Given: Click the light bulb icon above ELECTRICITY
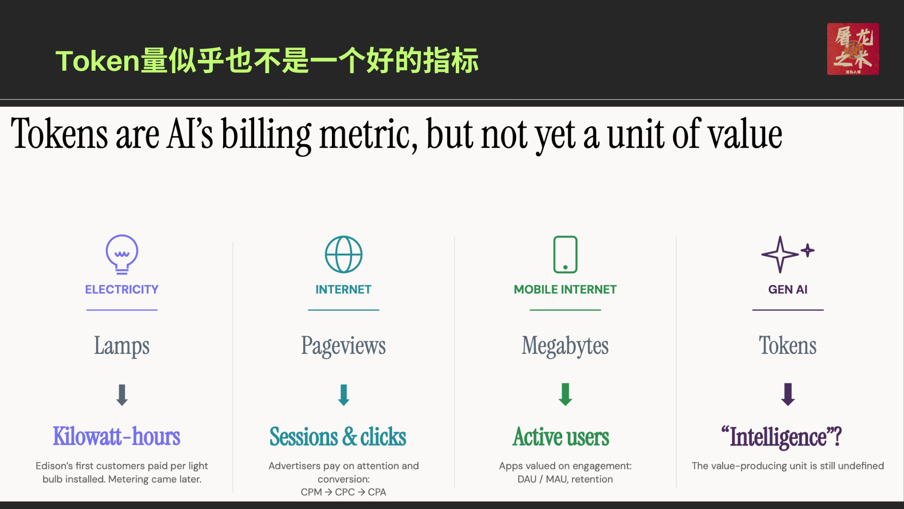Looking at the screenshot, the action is pyautogui.click(x=122, y=254).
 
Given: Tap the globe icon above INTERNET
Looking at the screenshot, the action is pyautogui.click(x=344, y=254).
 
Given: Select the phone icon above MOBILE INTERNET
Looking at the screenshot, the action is pyautogui.click(x=565, y=254).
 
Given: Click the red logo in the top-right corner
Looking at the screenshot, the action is pyautogui.click(x=853, y=49).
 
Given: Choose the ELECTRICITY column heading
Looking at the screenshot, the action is pyautogui.click(x=122, y=289).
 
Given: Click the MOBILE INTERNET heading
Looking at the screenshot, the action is pyautogui.click(x=565, y=289).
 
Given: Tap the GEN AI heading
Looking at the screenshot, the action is pyautogui.click(x=788, y=289).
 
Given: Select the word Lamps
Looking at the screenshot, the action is pyautogui.click(x=122, y=346).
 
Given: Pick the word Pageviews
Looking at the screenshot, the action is pyautogui.click(x=344, y=346).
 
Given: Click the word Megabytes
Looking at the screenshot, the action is pyautogui.click(x=565, y=346).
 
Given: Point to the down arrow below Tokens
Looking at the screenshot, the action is pyautogui.click(x=788, y=394).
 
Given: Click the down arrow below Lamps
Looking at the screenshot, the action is pyautogui.click(x=122, y=395).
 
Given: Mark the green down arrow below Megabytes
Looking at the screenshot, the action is pyautogui.click(x=565, y=394).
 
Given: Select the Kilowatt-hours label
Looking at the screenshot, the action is pyautogui.click(x=117, y=436).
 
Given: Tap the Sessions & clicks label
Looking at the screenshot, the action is pyautogui.click(x=338, y=436).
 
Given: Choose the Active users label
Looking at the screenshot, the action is pyautogui.click(x=561, y=436).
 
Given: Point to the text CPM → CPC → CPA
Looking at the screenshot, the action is pyautogui.click(x=344, y=492).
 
